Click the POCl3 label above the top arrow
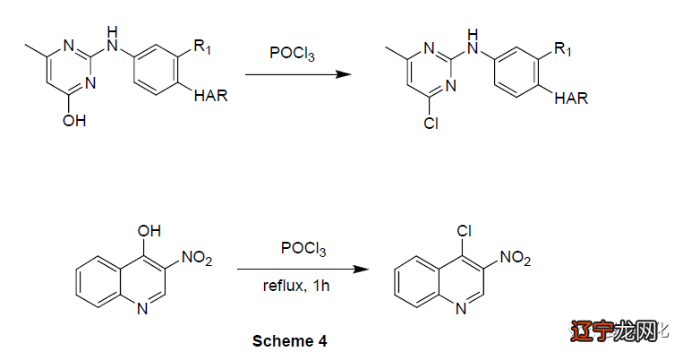tap(292, 53)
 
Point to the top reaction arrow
tap(295, 74)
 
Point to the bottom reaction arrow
tap(303, 268)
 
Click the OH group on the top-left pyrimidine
tap(75, 119)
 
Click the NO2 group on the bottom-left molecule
tap(196, 259)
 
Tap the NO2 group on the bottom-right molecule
tap(515, 259)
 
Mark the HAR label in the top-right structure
tap(571, 98)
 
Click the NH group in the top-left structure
tap(111, 42)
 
